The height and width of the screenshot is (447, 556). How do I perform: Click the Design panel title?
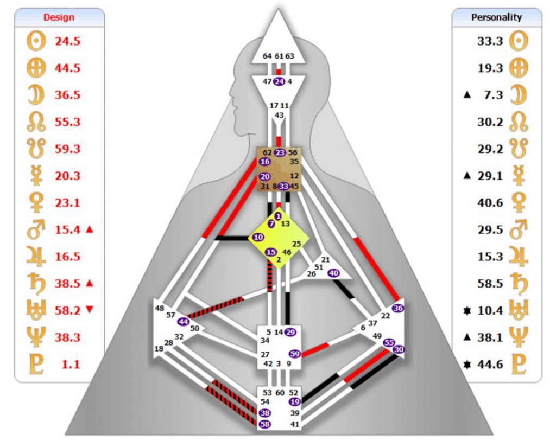(59, 17)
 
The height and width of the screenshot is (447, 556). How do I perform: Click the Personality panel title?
(496, 17)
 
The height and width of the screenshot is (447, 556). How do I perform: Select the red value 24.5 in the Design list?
(67, 41)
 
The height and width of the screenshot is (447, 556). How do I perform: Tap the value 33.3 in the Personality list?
(490, 41)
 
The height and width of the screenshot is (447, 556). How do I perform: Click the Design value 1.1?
(71, 364)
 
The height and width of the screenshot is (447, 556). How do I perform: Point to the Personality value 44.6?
(490, 364)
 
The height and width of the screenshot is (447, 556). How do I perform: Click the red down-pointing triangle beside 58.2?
(90, 310)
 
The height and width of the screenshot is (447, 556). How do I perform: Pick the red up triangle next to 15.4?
(90, 229)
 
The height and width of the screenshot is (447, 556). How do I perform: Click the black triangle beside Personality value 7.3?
(467, 94)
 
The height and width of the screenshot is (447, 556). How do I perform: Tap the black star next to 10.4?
(467, 311)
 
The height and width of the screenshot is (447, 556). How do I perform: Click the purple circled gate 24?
(280, 81)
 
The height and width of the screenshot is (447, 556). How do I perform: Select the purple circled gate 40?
(334, 273)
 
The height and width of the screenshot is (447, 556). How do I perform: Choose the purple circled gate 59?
(295, 354)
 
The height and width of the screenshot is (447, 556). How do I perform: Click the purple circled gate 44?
(184, 322)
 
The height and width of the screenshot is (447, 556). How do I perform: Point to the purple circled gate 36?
(398, 308)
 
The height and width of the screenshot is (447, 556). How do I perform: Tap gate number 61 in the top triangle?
(280, 56)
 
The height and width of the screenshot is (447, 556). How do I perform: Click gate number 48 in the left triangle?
(160, 308)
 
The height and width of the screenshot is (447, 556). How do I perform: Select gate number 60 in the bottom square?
(280, 392)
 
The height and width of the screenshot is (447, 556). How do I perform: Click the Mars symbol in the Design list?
(36, 229)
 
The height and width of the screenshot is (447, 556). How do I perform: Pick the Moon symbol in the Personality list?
(519, 95)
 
